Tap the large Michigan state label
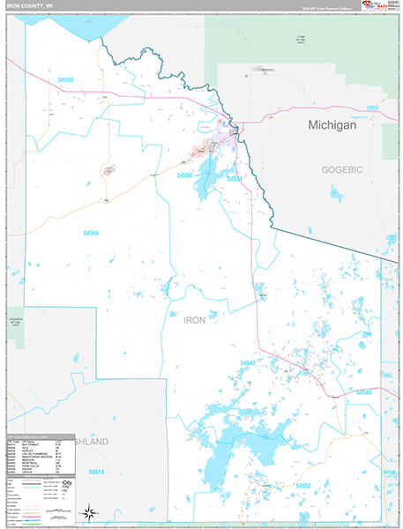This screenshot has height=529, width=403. coord(332,126)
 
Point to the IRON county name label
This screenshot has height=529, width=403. coord(194,320)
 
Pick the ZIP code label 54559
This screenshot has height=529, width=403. coord(66,80)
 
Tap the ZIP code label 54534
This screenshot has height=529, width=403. coord(235,179)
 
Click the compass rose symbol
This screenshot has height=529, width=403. coord(88,511)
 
